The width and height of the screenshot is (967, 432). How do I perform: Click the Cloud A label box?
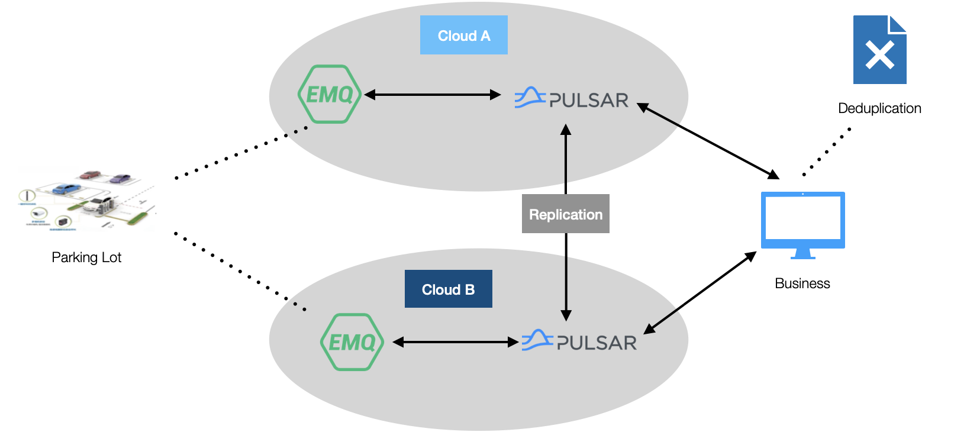[x=463, y=36]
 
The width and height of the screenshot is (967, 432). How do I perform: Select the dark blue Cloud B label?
[x=448, y=289]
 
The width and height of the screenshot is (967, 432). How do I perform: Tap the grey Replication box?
[x=565, y=214]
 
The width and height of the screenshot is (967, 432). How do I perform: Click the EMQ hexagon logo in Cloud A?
[x=329, y=94]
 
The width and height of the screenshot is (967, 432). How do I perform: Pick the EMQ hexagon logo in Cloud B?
[x=352, y=342]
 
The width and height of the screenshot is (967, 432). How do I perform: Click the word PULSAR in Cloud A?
[x=589, y=101]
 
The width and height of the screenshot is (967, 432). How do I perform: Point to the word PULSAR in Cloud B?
[x=597, y=343]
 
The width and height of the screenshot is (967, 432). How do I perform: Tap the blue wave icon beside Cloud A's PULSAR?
[x=529, y=98]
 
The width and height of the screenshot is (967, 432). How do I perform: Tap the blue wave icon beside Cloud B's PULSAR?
[x=536, y=340]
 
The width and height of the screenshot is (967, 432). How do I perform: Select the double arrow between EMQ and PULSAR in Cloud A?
[x=433, y=95]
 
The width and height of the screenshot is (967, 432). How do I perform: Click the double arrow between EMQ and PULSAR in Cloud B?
[x=456, y=342]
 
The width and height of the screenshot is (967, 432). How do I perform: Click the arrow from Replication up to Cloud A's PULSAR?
[x=566, y=157]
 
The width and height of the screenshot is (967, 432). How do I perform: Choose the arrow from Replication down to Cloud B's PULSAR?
[x=566, y=287]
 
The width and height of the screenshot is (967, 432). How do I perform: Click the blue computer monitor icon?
[x=802, y=222]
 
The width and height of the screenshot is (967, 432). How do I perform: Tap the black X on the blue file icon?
[x=879, y=56]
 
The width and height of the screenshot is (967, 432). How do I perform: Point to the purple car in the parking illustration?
[x=120, y=178]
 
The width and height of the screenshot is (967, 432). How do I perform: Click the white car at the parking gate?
[x=98, y=206]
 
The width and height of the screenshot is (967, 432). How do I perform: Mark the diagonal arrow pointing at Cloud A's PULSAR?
[x=658, y=115]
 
